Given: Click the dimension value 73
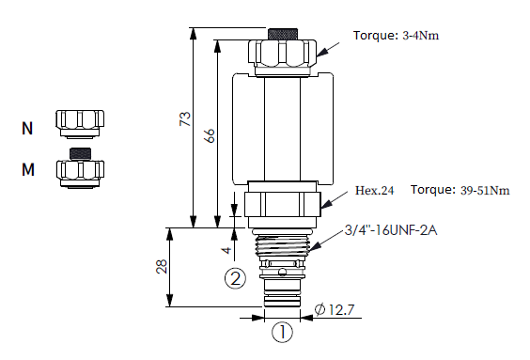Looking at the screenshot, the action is [185, 119].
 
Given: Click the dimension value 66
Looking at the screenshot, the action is [210, 135].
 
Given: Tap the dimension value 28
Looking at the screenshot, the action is [162, 266].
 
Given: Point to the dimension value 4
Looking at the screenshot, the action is [226, 250].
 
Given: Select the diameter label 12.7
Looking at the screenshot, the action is [335, 309].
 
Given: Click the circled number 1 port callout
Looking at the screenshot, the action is [282, 332].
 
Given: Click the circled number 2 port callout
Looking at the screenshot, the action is [235, 278].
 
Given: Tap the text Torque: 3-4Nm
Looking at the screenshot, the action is [396, 35].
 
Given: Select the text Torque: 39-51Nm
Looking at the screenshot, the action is [460, 190].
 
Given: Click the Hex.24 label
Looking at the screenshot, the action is [375, 190].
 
